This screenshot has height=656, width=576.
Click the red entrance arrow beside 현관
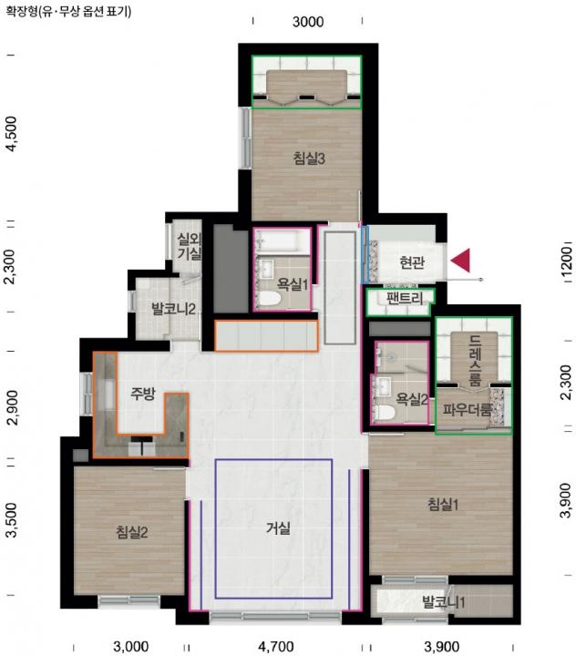(460, 261)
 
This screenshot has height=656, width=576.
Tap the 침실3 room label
(309, 159)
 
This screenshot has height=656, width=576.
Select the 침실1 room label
(443, 504)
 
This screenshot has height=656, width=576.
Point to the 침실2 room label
(132, 532)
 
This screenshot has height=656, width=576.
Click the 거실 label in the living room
(278, 528)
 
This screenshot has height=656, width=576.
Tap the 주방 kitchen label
(143, 394)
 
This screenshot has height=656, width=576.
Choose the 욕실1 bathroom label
(293, 284)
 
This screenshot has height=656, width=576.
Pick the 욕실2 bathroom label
(411, 400)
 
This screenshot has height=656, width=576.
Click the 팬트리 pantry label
(405, 298)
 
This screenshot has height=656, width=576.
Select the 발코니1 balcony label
(443, 602)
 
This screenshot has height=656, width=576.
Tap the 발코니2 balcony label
(173, 309)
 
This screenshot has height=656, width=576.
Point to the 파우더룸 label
(468, 409)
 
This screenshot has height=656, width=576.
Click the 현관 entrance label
(412, 262)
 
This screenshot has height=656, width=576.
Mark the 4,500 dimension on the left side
(12, 134)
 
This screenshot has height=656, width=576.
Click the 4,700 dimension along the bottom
(275, 646)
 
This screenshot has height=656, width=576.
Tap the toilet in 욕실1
(268, 299)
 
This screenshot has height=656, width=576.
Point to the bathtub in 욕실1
(283, 241)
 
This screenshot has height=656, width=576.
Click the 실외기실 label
(190, 246)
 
